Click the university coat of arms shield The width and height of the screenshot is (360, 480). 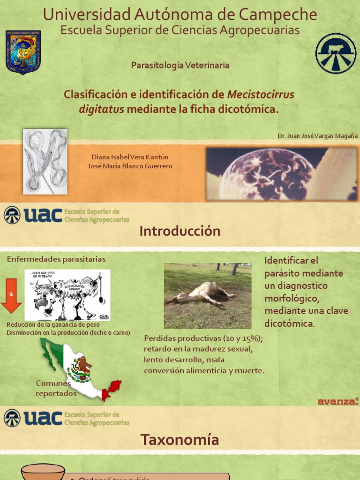23,52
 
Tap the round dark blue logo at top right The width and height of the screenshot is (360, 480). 336,53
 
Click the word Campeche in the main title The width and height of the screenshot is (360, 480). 278,15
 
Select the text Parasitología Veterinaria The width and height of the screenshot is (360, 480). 180,66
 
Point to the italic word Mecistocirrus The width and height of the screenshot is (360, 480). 261,95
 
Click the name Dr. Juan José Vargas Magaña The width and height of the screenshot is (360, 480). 317,135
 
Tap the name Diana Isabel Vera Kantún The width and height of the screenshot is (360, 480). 130,157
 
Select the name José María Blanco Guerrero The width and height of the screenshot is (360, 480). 130,166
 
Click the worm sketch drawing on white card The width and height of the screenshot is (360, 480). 45,161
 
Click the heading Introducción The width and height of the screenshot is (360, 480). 180,231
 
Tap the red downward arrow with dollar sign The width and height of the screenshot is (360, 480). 11,295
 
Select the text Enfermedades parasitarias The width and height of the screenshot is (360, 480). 56,259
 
